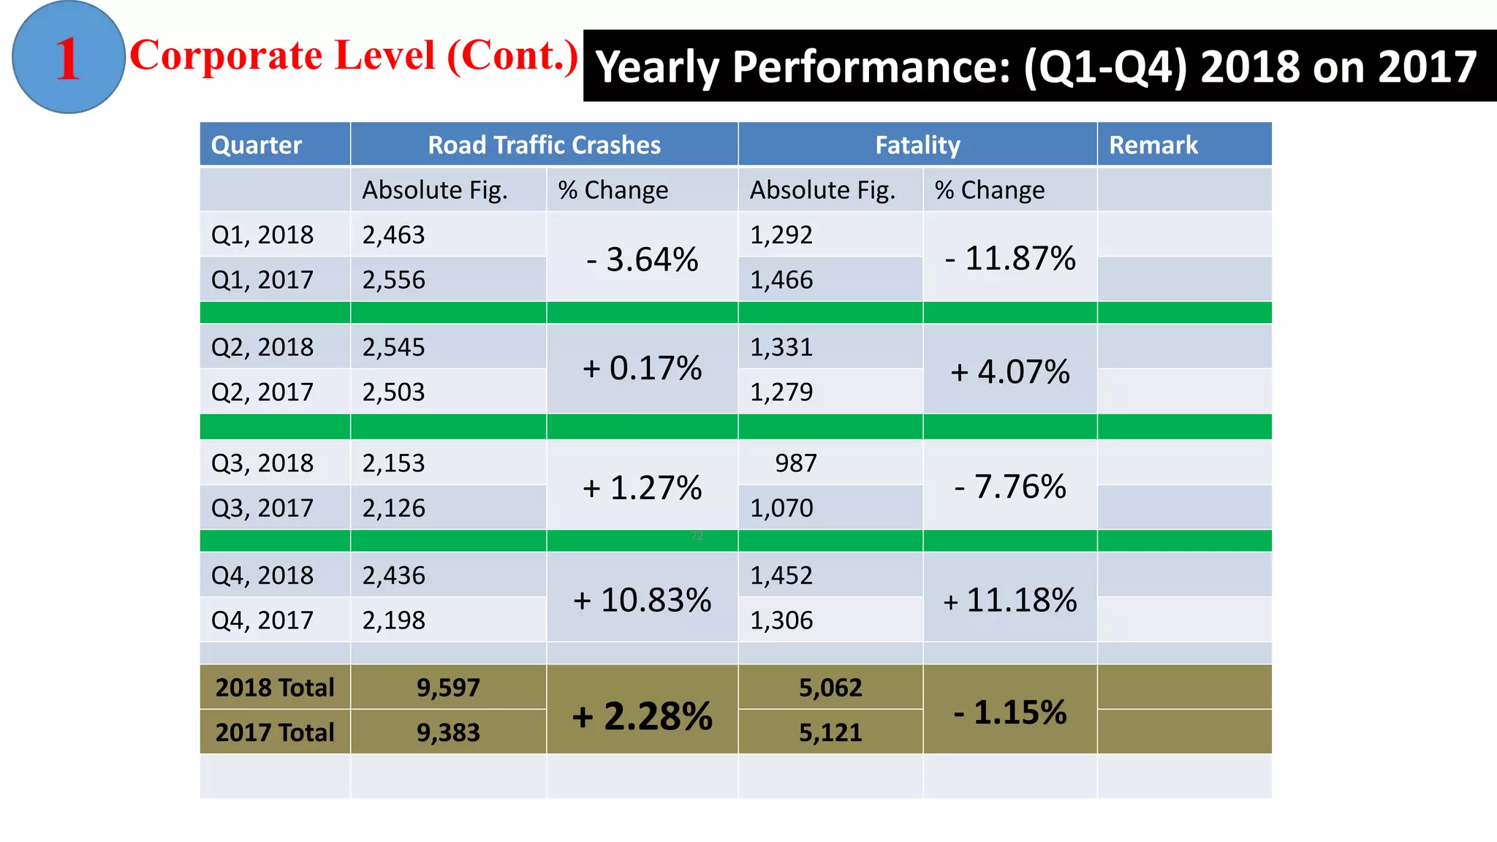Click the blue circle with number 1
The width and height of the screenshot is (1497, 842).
click(x=68, y=58)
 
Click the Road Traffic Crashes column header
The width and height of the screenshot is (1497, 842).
click(x=544, y=145)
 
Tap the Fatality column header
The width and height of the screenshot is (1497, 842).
click(x=917, y=145)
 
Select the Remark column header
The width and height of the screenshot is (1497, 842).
click(x=1153, y=145)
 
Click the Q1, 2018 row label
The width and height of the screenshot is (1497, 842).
click(x=262, y=235)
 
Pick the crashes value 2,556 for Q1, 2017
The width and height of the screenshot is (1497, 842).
click(x=393, y=280)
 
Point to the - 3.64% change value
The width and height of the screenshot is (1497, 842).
click(x=642, y=259)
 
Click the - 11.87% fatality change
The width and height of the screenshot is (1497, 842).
click(x=1009, y=258)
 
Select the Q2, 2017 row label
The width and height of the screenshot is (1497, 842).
click(x=262, y=392)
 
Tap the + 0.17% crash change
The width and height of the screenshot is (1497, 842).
click(x=642, y=368)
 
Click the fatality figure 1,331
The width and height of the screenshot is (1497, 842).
click(x=781, y=346)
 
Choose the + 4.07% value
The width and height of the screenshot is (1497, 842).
click(x=1009, y=371)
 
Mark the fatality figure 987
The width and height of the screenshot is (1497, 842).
click(x=795, y=463)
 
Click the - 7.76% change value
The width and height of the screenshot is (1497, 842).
click(x=1009, y=486)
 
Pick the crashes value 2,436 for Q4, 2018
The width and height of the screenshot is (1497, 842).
click(x=393, y=575)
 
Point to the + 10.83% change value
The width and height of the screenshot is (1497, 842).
click(x=642, y=600)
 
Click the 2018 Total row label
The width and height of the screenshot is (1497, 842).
click(x=275, y=687)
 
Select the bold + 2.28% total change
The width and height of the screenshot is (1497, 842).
click(x=642, y=716)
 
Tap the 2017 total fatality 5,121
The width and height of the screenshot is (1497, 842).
click(x=830, y=732)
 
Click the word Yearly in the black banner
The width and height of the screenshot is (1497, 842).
click(x=657, y=67)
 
